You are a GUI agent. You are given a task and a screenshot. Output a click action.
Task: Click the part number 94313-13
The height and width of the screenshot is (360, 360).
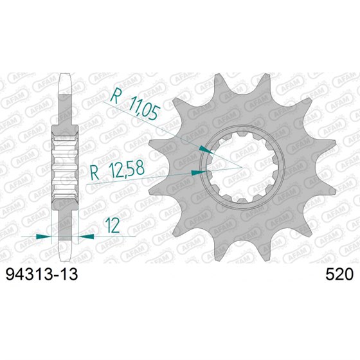42,275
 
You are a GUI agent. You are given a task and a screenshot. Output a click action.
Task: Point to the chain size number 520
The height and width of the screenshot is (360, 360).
338,275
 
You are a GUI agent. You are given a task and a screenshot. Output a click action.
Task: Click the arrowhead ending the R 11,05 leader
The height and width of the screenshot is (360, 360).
205,148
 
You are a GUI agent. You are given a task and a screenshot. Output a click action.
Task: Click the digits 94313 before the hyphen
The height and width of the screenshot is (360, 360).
32,275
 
